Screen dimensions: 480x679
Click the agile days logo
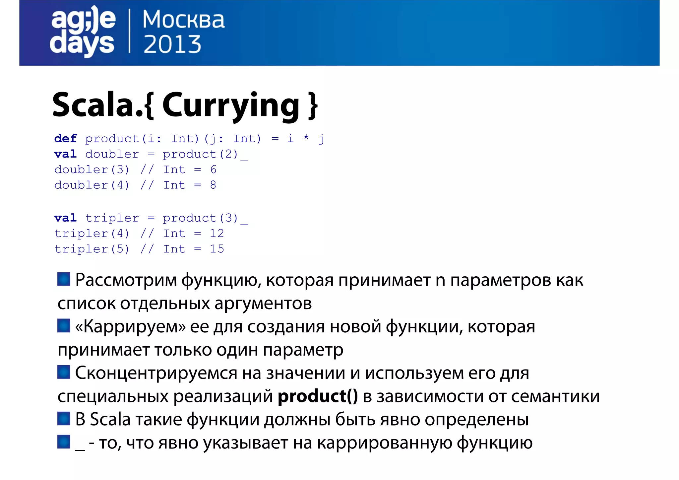pyautogui.click(x=83, y=32)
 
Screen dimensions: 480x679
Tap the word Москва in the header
pyautogui.click(x=183, y=20)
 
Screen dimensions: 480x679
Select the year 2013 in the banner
pyautogui.click(x=172, y=44)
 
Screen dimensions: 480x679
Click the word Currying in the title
pyautogui.click(x=231, y=105)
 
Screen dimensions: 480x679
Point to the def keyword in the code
pyautogui.click(x=66, y=139)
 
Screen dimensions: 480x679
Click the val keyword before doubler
pyautogui.click(x=66, y=154)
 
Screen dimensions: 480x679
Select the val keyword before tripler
pyautogui.click(x=66, y=218)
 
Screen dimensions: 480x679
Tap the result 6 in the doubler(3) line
pyautogui.click(x=213, y=170)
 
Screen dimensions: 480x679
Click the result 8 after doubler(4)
pyautogui.click(x=213, y=185)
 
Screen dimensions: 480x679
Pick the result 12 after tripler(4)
pyautogui.click(x=217, y=234)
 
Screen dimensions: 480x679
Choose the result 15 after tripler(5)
pyautogui.click(x=217, y=249)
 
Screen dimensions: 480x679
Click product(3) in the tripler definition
pyautogui.click(x=200, y=218)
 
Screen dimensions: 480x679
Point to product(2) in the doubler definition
pyautogui.click(x=200, y=154)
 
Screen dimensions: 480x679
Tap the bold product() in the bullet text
pyautogui.click(x=318, y=396)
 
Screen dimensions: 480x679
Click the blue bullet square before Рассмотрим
pyautogui.click(x=64, y=279)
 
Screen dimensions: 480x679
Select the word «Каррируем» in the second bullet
pyautogui.click(x=130, y=327)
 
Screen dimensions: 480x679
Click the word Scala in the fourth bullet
pyautogui.click(x=110, y=419)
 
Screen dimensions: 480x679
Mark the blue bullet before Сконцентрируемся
pyautogui.click(x=64, y=372)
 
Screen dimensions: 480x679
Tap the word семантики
pyautogui.click(x=555, y=396)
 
